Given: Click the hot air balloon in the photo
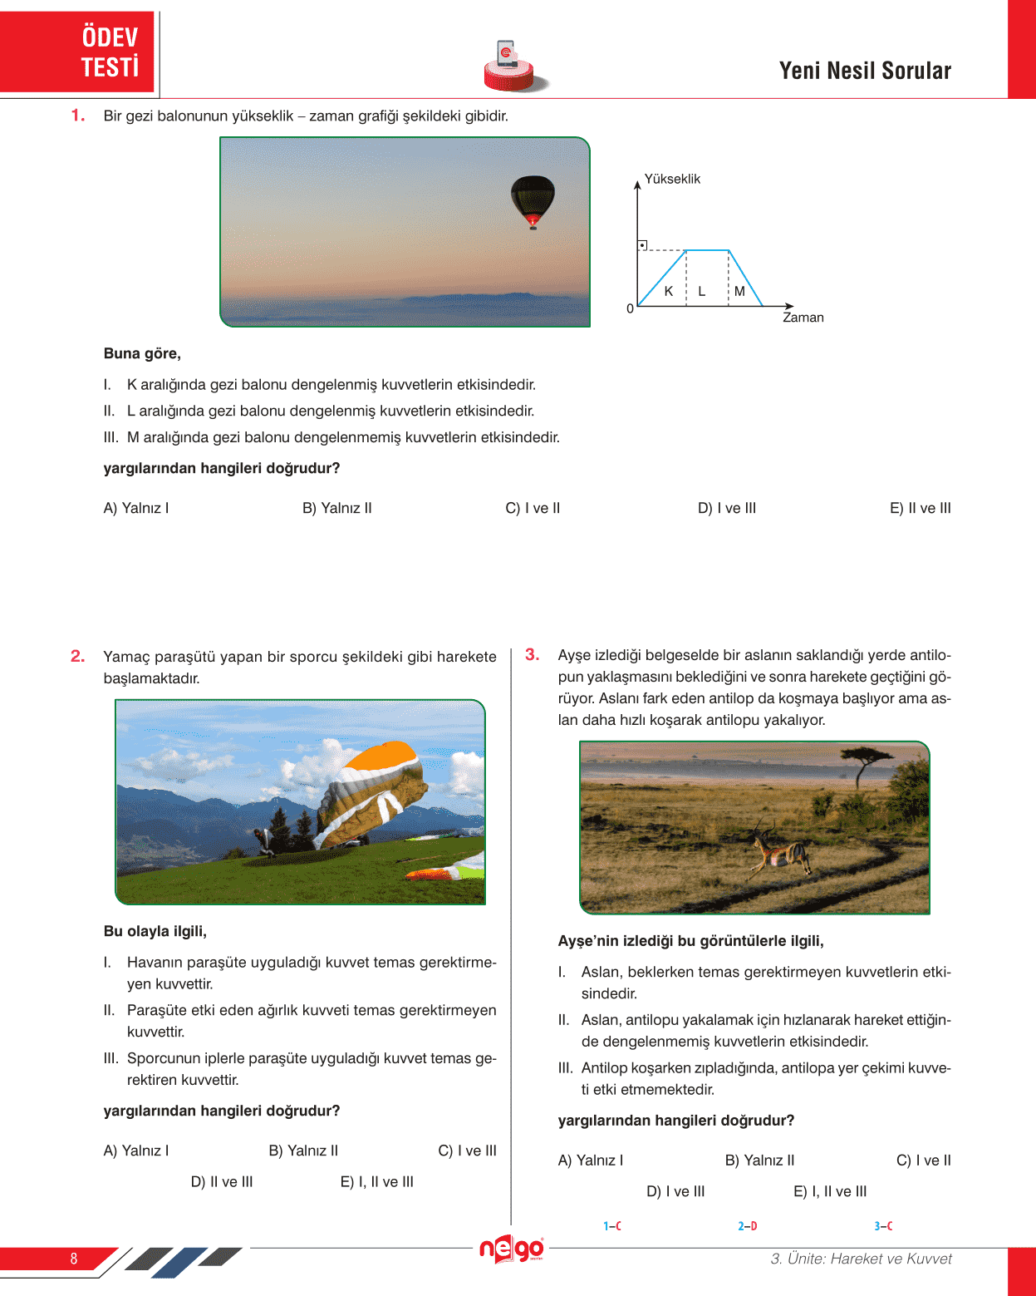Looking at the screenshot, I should [x=532, y=200].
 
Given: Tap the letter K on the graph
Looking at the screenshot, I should [x=669, y=292].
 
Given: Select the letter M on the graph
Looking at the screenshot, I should [x=739, y=292].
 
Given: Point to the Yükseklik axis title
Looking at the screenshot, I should [x=672, y=179].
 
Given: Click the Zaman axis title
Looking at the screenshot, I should [x=803, y=318].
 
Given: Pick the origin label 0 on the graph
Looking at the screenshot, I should [x=630, y=309].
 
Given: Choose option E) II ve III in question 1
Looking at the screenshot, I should [x=920, y=508].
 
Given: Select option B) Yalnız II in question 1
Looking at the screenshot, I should [x=336, y=508].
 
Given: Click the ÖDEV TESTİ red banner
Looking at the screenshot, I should [x=78, y=52].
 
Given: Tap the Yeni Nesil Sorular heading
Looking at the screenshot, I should [x=865, y=71].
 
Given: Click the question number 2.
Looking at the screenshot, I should [x=77, y=656].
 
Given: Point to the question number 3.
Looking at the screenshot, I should [x=532, y=654].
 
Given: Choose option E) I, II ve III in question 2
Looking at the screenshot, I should [x=376, y=1182].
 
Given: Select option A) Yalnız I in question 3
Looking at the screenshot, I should [x=590, y=1160].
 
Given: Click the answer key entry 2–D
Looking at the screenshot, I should [x=747, y=1226].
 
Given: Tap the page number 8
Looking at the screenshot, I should [x=74, y=1259].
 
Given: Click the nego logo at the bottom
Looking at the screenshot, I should [x=511, y=1249].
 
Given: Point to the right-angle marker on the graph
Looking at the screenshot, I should [x=642, y=245].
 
